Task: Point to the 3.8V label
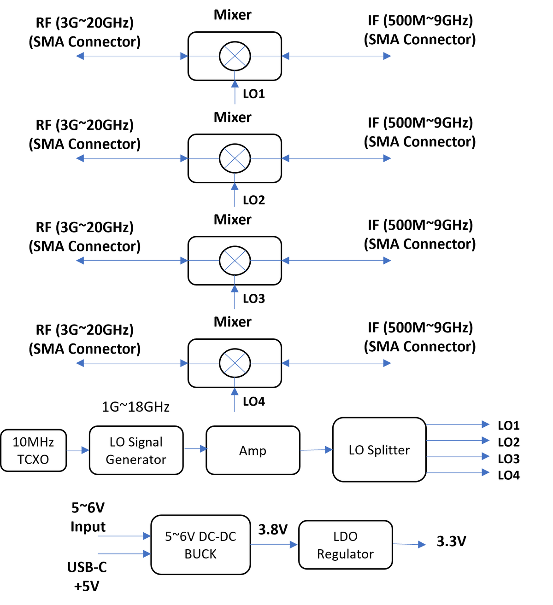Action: pos(273,529)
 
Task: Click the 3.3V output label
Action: pos(451,541)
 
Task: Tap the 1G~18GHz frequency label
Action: pos(135,407)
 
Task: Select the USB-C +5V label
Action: pos(87,576)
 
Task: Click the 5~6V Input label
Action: pos(88,517)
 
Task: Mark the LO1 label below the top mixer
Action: pos(254,94)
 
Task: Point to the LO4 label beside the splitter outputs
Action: pos(509,475)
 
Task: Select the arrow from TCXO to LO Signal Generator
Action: pos(78,450)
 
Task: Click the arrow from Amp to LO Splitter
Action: pos(316,450)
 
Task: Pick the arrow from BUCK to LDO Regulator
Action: pos(274,544)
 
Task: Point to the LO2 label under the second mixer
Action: pos(254,200)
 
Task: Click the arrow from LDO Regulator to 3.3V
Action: pos(409,544)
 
